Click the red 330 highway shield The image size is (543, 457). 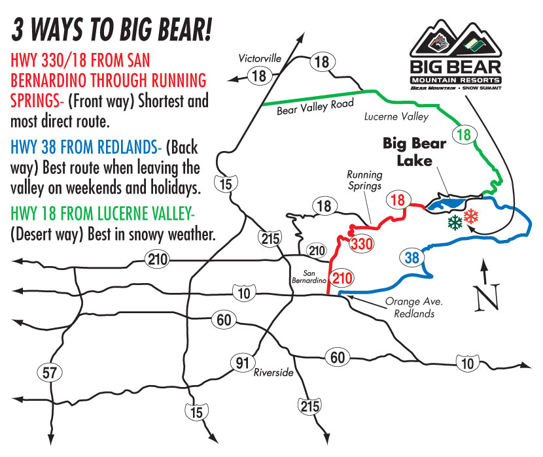362,244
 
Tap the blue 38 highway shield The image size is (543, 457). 412,258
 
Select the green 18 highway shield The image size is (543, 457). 464,135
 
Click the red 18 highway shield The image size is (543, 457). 398,200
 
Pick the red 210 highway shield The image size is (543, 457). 343,278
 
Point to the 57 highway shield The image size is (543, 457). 50,373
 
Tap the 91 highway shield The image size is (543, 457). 243,363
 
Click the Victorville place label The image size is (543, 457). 260,58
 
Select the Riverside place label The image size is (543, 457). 273,372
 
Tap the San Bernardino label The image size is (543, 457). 309,277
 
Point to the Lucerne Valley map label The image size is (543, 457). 396,116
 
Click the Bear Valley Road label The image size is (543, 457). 315,107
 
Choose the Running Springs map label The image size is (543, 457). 364,180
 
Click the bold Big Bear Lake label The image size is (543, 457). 415,152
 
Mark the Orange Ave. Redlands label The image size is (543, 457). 414,307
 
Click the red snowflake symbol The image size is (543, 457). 471,216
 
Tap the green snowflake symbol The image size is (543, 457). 455,222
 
